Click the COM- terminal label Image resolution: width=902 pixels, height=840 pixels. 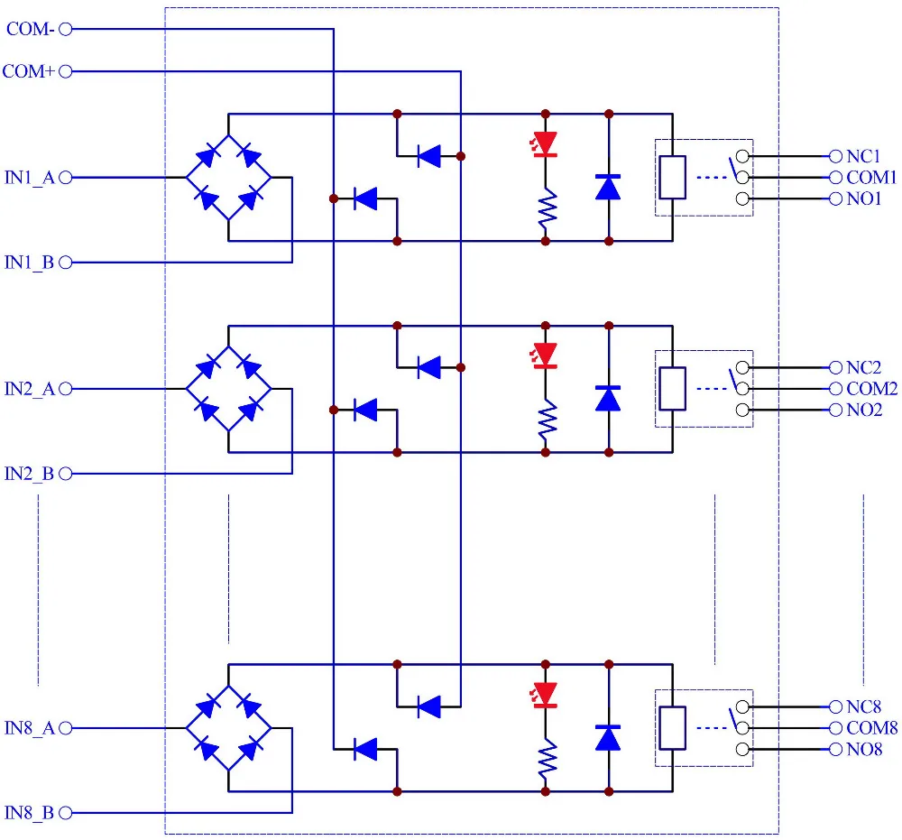[31, 29]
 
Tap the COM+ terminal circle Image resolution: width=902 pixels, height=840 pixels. [66, 71]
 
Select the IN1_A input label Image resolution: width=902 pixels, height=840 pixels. [30, 178]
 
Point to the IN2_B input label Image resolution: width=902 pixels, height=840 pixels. [30, 474]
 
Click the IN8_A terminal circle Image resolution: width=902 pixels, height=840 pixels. [66, 728]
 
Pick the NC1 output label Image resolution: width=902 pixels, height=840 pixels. [863, 156]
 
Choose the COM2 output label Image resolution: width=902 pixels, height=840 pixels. [871, 389]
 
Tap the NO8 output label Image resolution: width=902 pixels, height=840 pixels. [864, 749]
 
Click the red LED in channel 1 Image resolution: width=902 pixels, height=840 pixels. [544, 143]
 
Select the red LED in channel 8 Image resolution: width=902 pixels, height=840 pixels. [544, 695]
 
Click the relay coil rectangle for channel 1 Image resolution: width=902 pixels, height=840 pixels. [672, 177]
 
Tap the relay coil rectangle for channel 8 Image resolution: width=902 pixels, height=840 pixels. [672, 728]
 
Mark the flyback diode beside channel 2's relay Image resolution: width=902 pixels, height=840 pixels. [608, 398]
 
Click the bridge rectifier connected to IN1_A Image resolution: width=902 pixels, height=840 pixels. [228, 177]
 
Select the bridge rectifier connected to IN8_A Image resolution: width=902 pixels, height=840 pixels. [228, 728]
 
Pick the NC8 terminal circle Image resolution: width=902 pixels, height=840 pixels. [836, 706]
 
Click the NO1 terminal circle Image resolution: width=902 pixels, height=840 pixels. [836, 199]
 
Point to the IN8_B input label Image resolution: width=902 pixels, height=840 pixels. [30, 813]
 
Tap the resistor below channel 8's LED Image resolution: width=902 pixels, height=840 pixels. [548, 758]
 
